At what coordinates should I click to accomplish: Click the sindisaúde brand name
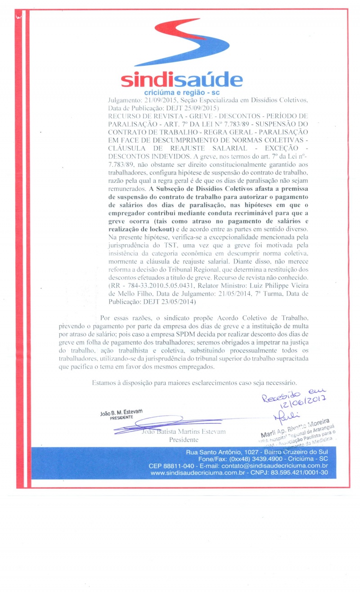coord(181,80)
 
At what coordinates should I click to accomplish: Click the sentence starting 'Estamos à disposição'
coord(194,383)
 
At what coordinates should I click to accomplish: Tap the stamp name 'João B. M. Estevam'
coord(121,412)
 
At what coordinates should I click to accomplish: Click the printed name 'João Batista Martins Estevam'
coord(183,431)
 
